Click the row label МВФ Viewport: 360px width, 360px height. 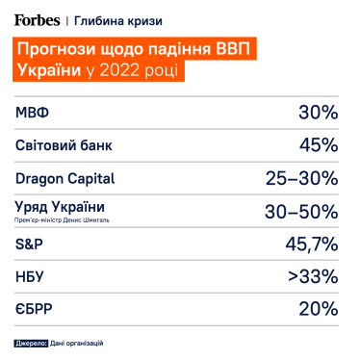(35, 113)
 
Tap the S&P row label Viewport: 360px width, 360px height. (31, 244)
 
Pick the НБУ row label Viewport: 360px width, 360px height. (32, 276)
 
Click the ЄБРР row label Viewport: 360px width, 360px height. (36, 309)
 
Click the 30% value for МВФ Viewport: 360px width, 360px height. (317, 113)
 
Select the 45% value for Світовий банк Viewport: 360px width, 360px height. (317, 145)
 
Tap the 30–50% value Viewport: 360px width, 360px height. (300, 211)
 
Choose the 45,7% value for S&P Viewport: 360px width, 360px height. (307, 244)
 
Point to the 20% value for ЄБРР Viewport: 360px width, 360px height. (317, 309)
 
